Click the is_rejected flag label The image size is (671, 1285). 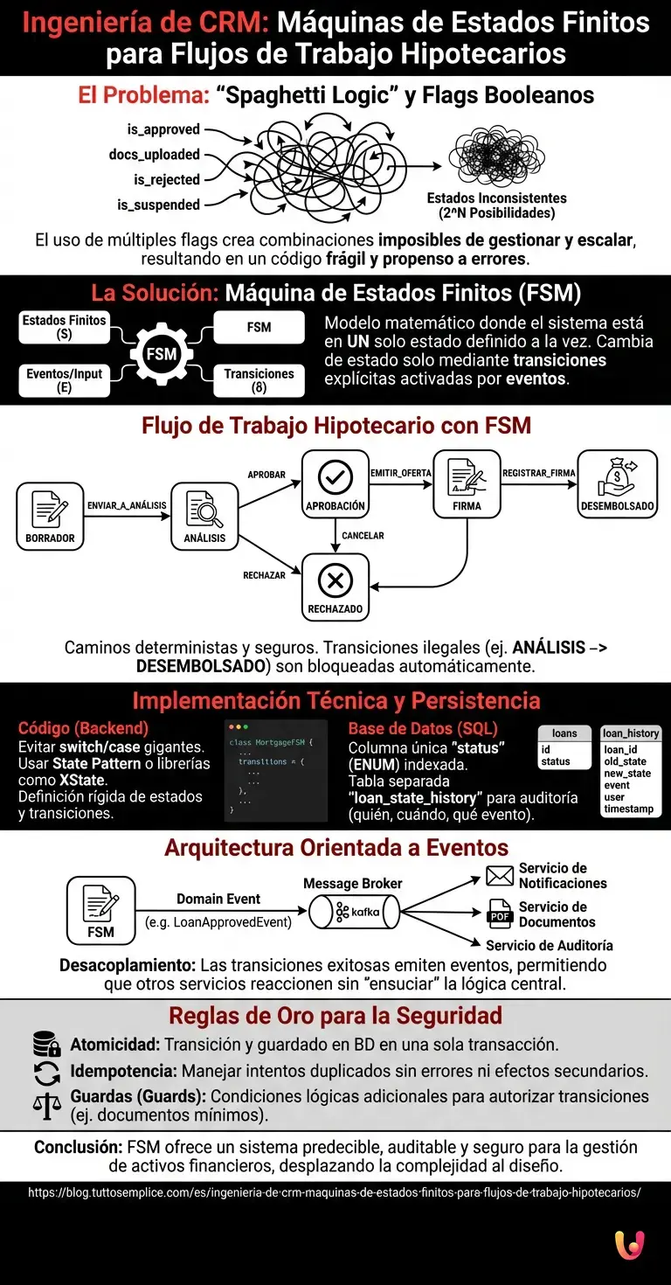(166, 180)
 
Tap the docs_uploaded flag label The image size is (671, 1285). (155, 155)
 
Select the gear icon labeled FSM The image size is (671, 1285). (162, 354)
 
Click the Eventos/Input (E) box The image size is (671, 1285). (64, 380)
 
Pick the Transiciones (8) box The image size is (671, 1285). (259, 380)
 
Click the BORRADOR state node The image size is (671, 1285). (50, 517)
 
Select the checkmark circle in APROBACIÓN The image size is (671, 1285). (335, 476)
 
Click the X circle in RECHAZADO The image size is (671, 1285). (335, 580)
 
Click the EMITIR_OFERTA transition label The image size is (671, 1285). (401, 473)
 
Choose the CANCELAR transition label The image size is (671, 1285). (363, 535)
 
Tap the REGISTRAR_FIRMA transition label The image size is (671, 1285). (539, 473)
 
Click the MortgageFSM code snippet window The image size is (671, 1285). (276, 770)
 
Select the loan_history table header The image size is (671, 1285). (631, 733)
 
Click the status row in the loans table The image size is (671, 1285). (556, 761)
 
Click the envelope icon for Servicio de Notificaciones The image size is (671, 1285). (500, 875)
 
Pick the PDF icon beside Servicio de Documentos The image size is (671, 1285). (500, 914)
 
